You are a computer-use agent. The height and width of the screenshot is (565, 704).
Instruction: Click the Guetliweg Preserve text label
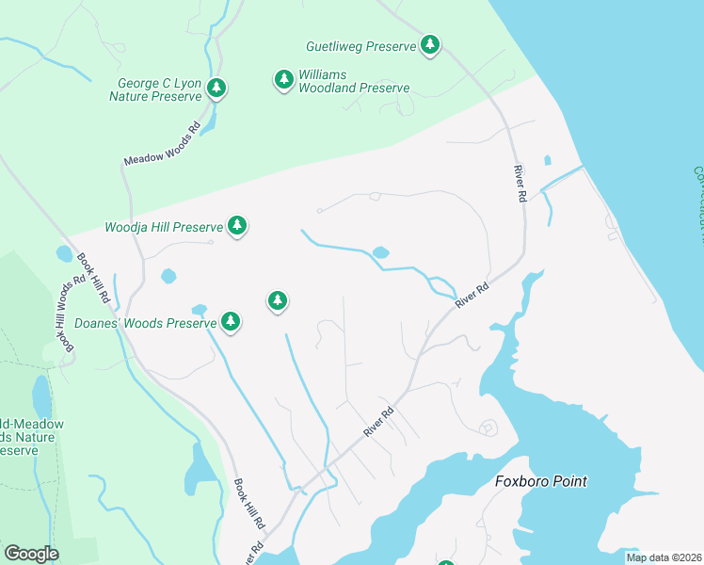click(361, 45)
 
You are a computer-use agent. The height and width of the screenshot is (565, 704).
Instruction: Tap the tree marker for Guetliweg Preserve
click(430, 44)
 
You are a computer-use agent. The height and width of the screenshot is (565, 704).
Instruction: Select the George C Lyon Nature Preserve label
click(155, 89)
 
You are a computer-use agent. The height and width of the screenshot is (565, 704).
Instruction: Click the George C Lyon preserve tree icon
click(217, 89)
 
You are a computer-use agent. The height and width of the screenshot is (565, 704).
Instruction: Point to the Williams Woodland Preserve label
click(354, 81)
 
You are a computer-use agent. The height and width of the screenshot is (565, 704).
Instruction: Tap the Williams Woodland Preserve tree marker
click(283, 80)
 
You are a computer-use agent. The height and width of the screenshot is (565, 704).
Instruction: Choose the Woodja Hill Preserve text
click(163, 227)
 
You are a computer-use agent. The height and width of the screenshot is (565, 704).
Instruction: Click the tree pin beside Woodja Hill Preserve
click(238, 226)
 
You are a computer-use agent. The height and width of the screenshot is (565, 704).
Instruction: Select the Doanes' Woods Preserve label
click(146, 323)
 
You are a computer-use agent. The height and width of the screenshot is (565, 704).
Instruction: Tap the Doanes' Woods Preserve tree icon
click(231, 322)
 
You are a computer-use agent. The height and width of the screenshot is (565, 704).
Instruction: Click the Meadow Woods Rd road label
click(163, 144)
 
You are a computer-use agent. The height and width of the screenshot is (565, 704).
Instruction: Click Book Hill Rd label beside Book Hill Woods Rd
click(94, 278)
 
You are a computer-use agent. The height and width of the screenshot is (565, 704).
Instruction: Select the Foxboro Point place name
click(540, 481)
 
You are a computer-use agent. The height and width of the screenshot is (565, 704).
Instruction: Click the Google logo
click(31, 554)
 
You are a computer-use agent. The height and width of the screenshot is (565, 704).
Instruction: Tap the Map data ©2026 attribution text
click(663, 557)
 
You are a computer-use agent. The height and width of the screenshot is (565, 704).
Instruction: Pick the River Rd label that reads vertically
click(519, 184)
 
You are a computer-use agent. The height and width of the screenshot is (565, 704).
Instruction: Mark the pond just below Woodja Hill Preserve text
click(168, 276)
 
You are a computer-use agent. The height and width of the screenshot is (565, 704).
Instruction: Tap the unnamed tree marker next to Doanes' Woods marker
click(277, 301)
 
